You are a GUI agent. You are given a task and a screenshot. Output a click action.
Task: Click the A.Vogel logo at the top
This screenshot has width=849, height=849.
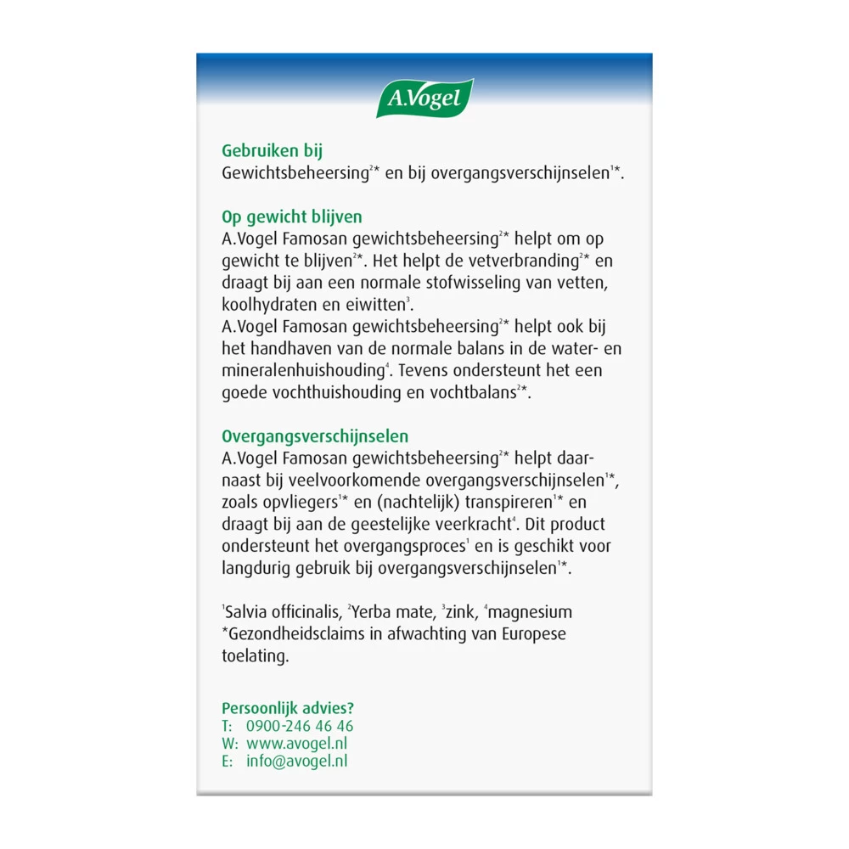[424, 98]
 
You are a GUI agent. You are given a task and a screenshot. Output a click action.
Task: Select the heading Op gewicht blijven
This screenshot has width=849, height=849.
[292, 217]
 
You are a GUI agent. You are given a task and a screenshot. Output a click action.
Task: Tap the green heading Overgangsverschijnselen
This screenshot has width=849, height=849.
[315, 436]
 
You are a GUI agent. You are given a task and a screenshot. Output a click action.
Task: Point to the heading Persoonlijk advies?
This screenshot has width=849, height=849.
[288, 708]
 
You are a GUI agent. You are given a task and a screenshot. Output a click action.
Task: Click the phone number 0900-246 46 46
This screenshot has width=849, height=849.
[300, 727]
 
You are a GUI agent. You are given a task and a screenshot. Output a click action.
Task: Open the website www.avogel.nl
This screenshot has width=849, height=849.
[296, 744]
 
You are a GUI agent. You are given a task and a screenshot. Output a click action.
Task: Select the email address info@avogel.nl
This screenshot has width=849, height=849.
[296, 762]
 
